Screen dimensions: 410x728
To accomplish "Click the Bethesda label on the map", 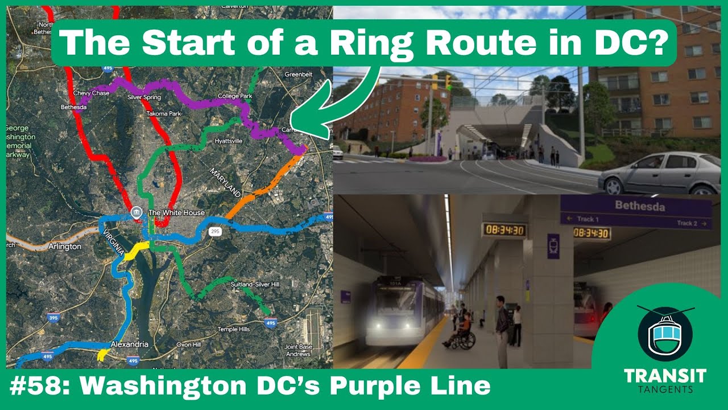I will coord(72,106).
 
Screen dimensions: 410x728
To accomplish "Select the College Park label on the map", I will coord(235,96).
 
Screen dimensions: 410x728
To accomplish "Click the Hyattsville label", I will coord(228,141).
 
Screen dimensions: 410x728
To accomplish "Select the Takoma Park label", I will coord(163,114).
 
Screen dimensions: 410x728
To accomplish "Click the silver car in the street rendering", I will coord(659,174).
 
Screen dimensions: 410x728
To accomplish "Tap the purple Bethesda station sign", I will coord(635,212).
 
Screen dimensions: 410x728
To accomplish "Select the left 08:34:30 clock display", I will coord(504,230).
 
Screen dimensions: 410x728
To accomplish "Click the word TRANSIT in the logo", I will coord(664,376).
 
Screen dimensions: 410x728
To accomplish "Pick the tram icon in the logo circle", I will coord(665,336).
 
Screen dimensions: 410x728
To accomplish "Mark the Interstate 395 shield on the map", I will coord(53,318).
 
